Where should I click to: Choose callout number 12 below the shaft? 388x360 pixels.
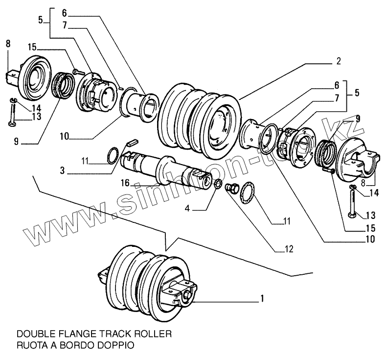click(289, 248)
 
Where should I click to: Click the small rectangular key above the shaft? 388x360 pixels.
click(131, 143)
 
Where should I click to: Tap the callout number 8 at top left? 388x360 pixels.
click(8, 44)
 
